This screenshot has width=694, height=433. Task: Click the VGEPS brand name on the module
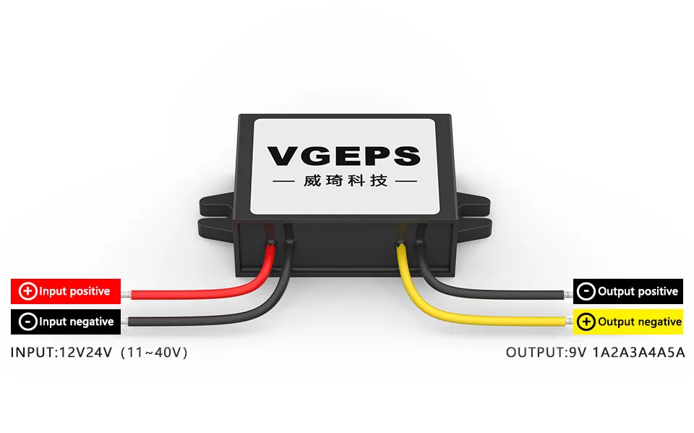click(x=343, y=156)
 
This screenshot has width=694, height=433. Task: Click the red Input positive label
click(x=66, y=291)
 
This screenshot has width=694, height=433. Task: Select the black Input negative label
click(x=66, y=321)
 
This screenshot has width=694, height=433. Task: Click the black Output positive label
click(x=628, y=291)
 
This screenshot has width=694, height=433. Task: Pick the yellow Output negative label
click(x=628, y=321)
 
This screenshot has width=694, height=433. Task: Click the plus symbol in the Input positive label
click(x=28, y=291)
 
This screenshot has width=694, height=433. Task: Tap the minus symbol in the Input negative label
click(x=28, y=321)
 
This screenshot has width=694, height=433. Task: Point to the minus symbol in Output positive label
click(x=586, y=291)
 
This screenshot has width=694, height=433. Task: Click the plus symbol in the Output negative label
click(x=586, y=321)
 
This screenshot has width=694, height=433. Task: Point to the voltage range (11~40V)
click(x=155, y=353)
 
